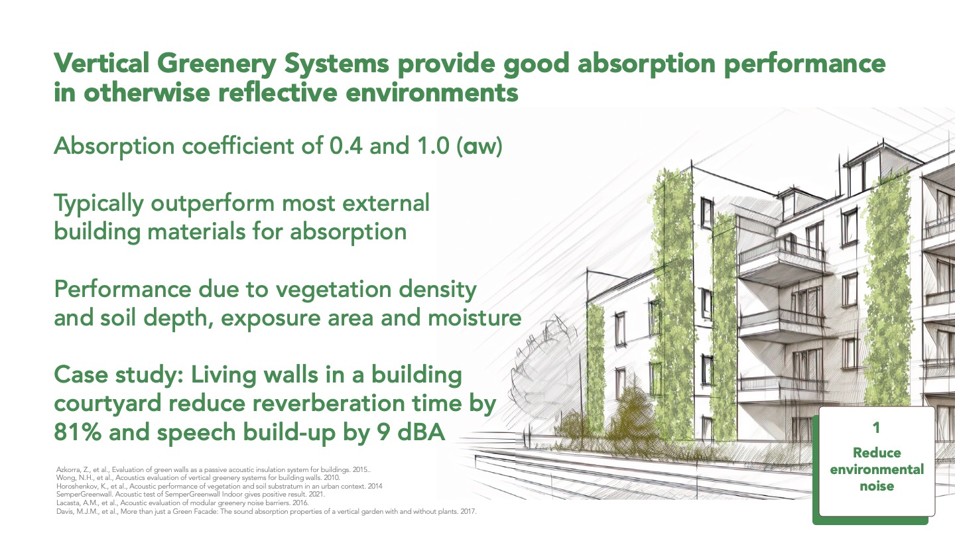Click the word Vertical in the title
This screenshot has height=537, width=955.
click(101, 63)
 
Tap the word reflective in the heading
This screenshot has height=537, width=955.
click(277, 92)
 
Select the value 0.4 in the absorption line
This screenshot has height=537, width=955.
click(346, 146)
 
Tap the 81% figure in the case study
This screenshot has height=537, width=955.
click(78, 432)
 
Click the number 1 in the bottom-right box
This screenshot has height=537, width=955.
click(876, 428)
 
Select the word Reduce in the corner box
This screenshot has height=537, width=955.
click(877, 453)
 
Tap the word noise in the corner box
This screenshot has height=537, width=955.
click(877, 487)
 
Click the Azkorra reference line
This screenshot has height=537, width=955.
click(214, 469)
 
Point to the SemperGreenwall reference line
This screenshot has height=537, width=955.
click(190, 495)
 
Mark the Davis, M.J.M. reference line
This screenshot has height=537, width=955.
click(267, 511)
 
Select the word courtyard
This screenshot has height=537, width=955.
click(107, 404)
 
